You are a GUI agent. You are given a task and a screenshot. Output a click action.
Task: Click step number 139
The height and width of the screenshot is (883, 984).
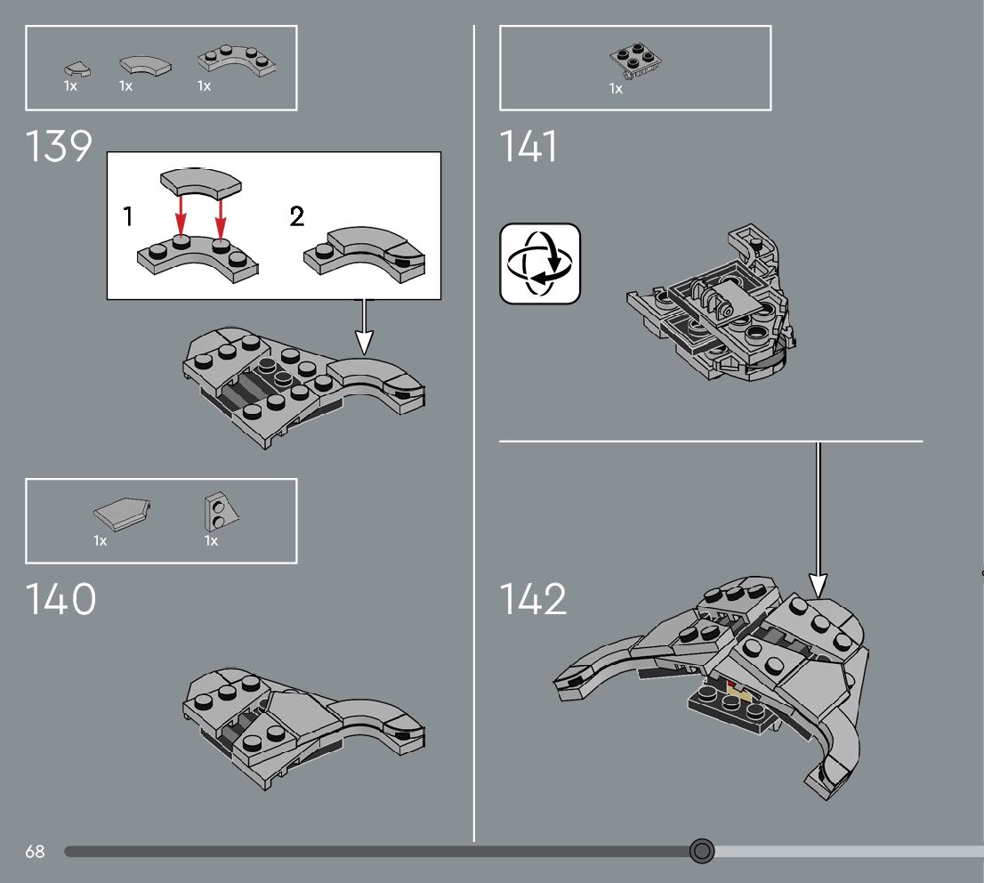[60, 145]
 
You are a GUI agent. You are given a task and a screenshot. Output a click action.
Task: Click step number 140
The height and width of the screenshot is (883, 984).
[60, 599]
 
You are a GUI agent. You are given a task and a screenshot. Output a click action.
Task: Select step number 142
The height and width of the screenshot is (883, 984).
[532, 599]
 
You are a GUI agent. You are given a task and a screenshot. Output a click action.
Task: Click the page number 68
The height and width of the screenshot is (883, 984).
[35, 852]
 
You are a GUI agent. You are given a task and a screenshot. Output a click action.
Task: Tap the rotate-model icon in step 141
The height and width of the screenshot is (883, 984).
[540, 263]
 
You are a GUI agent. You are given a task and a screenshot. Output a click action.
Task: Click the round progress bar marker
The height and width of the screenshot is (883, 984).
[702, 852]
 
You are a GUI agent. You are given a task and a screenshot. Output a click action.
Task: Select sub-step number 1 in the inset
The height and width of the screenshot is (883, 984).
[129, 215]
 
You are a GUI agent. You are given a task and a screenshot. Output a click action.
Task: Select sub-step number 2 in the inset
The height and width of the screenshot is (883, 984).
[297, 215]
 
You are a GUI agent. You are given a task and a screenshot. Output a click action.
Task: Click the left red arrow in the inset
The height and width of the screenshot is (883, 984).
[181, 216]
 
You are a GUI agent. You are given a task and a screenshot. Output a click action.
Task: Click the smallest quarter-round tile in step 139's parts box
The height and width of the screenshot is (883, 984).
[73, 67]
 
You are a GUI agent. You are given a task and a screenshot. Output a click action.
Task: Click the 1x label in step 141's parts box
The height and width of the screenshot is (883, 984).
[616, 88]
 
